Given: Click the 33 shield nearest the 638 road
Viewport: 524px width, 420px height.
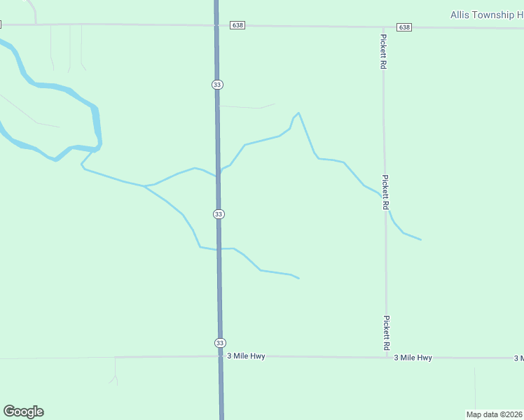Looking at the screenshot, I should pos(217,84).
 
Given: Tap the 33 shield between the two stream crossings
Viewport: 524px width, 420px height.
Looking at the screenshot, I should pos(219,213).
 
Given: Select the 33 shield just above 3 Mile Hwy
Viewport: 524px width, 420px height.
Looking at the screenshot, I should pos(220,342).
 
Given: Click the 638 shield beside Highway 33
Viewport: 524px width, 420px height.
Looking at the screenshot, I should pos(237,25).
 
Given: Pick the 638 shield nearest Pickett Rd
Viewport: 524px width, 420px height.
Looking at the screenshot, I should pos(404,27).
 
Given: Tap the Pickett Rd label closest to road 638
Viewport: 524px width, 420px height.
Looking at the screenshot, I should pos(383,51).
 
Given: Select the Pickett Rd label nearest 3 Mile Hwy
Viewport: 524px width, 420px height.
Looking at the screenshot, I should pos(386,332).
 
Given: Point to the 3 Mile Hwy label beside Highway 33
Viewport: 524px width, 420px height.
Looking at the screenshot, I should pos(247,356).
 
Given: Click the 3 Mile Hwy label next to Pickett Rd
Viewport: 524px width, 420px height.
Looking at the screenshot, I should pos(413,358).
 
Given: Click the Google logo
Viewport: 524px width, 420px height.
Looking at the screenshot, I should pos(23,412).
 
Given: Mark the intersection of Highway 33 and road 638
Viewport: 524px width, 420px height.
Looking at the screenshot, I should pos(216,26).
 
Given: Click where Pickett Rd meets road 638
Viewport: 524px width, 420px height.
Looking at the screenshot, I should pos(383,27).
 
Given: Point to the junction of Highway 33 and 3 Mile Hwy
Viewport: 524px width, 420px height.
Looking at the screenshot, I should pos(221,356).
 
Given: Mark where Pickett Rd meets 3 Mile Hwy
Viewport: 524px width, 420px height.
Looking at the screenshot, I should pos(387,358).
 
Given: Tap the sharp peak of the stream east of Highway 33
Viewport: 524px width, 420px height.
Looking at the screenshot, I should pos(298,113).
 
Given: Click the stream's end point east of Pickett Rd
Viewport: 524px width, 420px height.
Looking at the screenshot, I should pos(421,239).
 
